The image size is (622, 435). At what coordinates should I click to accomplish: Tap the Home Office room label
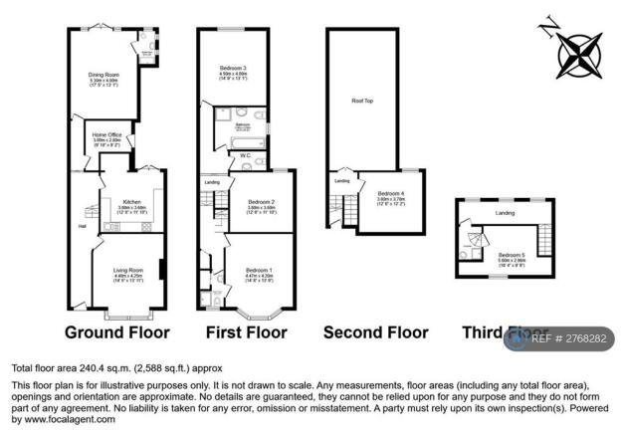107,134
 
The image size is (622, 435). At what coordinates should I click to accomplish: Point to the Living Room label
127,270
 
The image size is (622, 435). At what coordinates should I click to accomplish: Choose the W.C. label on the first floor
245,156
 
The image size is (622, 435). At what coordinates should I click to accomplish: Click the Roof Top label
363,100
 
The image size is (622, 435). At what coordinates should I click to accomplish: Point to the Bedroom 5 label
512,255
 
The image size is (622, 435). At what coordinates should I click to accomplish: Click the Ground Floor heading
117,331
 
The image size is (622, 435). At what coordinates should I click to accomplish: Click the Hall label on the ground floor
82,224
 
